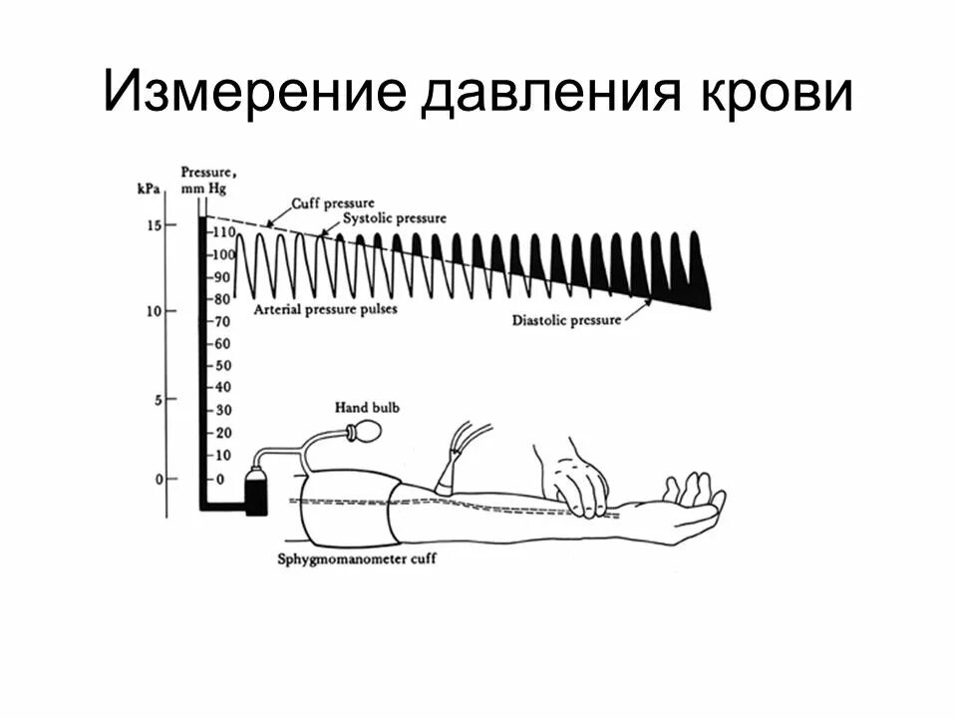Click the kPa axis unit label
pos(151,186)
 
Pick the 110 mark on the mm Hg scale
pos(221,232)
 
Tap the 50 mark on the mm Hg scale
pos(219,365)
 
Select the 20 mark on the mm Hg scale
pos(219,432)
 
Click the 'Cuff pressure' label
pos(331,203)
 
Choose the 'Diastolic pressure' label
pos(565,321)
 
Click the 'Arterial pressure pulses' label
pos(325,309)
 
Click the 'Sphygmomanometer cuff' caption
pos(356,558)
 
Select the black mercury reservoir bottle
pos(256,493)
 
